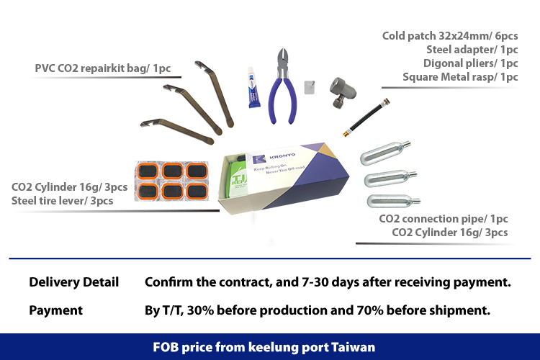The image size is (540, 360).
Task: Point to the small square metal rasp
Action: pos(310,86)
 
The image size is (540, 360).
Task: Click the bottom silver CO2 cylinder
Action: pos(392,198)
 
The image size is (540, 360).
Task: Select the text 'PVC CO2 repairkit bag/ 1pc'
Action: pos(108,68)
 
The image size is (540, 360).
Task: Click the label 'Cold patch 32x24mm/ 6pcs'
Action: pos(450,36)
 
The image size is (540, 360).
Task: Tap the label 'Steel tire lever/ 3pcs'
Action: pos(62,201)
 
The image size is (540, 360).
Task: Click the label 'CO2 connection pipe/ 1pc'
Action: pos(444,219)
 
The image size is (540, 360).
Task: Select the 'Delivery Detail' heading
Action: pos(73,282)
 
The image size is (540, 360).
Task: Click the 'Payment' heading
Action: pos(55,310)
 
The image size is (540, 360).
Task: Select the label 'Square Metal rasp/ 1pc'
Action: pos(460,77)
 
